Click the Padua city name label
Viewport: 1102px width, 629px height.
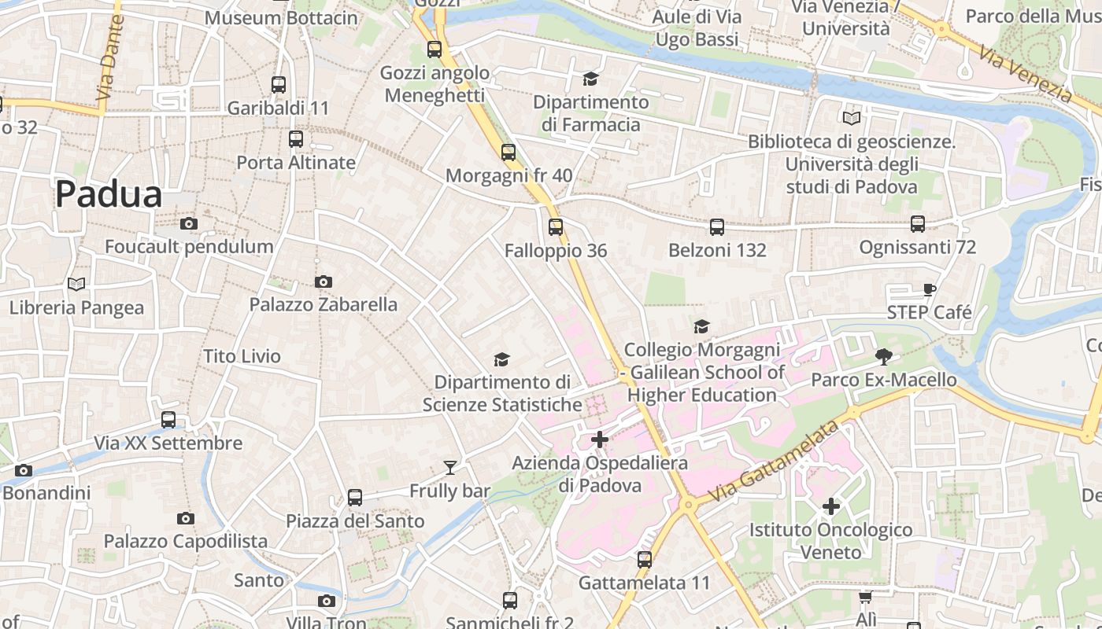(x=109, y=194)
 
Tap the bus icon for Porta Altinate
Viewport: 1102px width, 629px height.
(x=296, y=139)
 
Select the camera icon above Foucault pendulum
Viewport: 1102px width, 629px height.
(x=188, y=224)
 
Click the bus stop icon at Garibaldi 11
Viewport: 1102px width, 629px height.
(x=279, y=85)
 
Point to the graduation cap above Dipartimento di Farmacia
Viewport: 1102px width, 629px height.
(x=590, y=79)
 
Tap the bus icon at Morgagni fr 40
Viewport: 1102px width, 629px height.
(x=508, y=153)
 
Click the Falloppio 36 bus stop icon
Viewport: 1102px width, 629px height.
(x=556, y=227)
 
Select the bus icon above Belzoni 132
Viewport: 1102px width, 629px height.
(x=716, y=227)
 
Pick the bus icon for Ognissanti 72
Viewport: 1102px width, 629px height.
(x=918, y=224)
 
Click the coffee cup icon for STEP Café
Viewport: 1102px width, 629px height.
(x=930, y=289)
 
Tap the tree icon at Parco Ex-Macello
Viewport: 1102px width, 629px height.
(x=884, y=357)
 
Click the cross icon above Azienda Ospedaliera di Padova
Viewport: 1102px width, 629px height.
(x=600, y=440)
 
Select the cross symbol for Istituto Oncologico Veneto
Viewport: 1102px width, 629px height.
(x=830, y=506)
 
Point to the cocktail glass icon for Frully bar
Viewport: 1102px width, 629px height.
(x=449, y=468)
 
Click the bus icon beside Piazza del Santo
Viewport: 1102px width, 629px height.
(x=355, y=498)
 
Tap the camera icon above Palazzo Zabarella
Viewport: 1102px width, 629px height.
(x=323, y=281)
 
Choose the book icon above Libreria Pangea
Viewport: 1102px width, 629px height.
(x=76, y=284)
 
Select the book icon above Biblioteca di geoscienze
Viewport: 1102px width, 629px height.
(x=851, y=119)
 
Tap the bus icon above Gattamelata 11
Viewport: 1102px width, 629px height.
(x=644, y=560)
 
